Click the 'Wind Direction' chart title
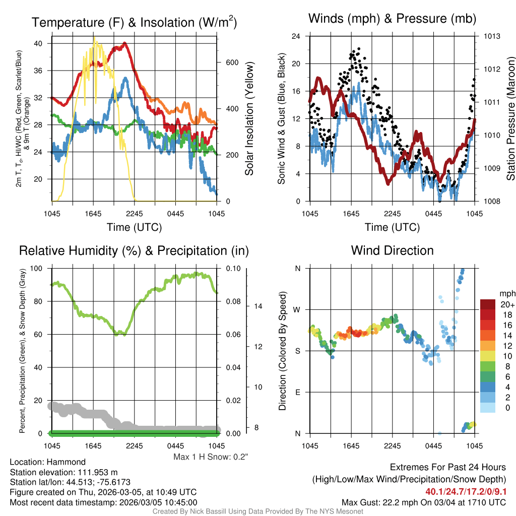click(392, 250)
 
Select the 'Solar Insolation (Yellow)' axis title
click(249, 119)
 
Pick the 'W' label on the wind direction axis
click(297, 309)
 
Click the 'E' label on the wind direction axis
click(297, 392)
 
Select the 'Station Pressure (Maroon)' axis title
click(510, 119)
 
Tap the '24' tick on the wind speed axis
click(296, 36)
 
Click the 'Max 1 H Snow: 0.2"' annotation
click(211, 457)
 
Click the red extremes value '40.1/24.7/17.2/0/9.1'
click(466, 491)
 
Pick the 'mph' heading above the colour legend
click(506, 293)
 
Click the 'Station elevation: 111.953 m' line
click(63, 472)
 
